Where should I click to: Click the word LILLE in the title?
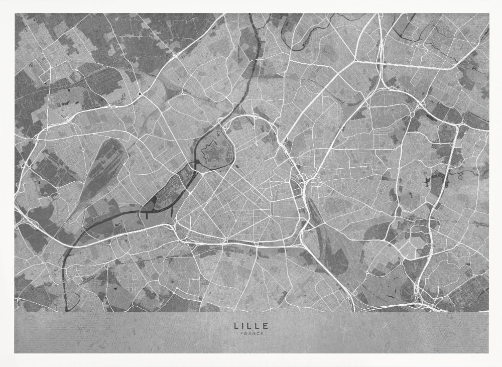click(x=251, y=325)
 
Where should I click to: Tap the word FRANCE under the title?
click(x=251, y=333)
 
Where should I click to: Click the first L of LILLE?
click(x=236, y=325)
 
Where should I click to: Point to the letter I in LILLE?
click(x=243, y=325)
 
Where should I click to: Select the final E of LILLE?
click(x=266, y=325)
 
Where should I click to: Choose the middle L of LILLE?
click(x=250, y=325)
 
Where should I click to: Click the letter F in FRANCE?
click(x=241, y=333)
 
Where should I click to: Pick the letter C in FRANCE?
click(x=257, y=333)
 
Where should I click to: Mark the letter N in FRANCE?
click(x=253, y=333)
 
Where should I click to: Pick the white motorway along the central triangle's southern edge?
click(x=241, y=243)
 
